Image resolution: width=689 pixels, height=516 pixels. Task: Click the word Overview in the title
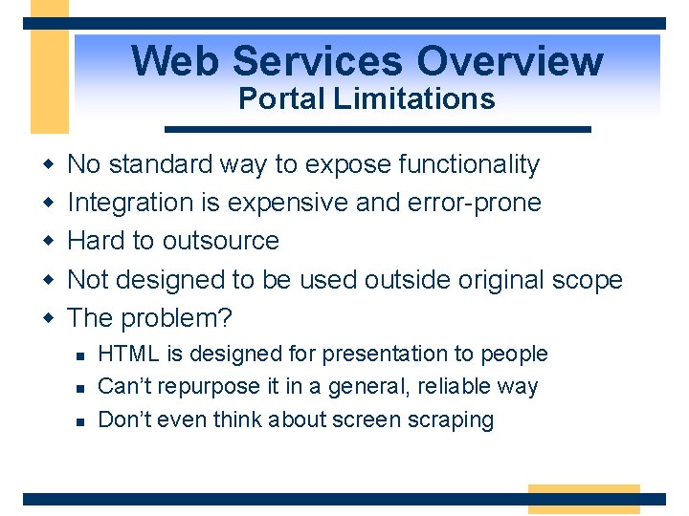[x=509, y=61]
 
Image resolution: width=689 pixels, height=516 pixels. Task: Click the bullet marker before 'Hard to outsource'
[x=47, y=242]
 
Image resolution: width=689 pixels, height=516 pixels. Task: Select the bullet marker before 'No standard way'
[x=47, y=165]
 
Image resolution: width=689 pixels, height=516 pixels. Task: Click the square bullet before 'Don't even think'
[x=80, y=420]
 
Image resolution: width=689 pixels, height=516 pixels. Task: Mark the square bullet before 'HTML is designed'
[x=80, y=355]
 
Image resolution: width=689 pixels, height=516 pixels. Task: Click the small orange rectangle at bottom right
[x=583, y=499]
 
